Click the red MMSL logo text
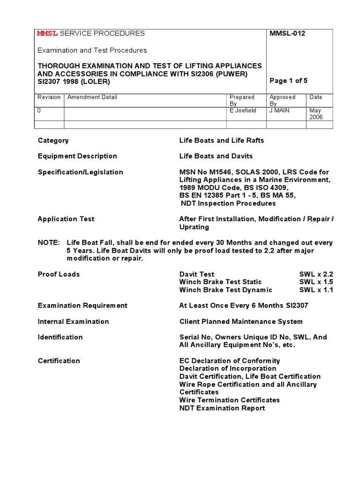coord(47,33)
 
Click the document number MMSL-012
coord(287,33)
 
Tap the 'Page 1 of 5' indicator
coord(289,81)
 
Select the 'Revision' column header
coord(49,97)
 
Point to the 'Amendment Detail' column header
coord(92,97)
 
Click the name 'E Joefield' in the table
coord(243,111)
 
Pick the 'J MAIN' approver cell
coord(280,111)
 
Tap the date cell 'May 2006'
coord(316,114)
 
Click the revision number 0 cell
coord(39,111)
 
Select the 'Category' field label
coord(53,140)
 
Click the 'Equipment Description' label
coord(77,156)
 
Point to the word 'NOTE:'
coord(49,243)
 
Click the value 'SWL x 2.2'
coord(316,274)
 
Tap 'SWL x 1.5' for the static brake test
coord(316,282)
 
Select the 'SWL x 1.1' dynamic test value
coord(316,290)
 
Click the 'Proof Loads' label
coord(59,274)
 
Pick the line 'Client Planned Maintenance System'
coord(241,322)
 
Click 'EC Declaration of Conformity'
coord(230,361)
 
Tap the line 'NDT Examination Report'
coord(222,408)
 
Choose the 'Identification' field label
coord(60,337)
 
